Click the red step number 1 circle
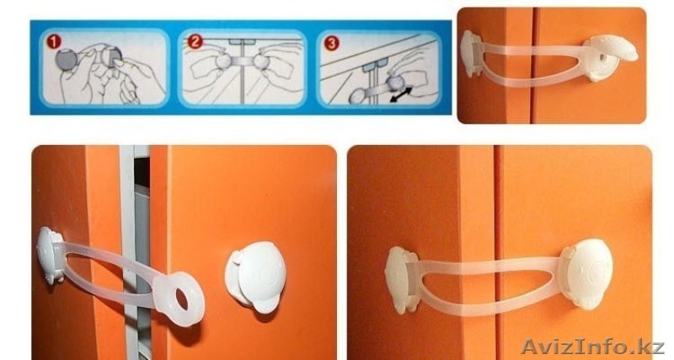pos(53,41)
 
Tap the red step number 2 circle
pos(195,41)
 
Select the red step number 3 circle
pos(331,43)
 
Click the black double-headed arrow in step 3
pos(401,94)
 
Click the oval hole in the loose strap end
pos(181,299)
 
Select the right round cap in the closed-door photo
pos(587,273)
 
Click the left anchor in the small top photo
pos(471,54)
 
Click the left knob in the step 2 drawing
pos(223,61)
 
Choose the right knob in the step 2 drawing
pos(261,62)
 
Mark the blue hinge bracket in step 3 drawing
pos(375,67)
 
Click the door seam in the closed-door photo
pos(498,253)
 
